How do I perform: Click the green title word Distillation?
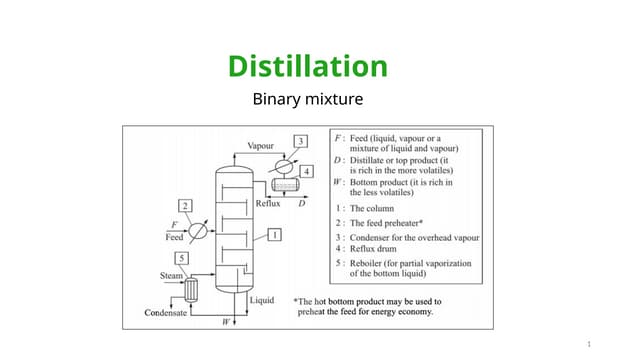(307, 67)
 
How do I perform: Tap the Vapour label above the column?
(261, 146)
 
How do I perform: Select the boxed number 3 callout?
(301, 142)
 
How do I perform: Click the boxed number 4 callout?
(306, 171)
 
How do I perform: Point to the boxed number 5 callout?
(180, 258)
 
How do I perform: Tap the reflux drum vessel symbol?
(287, 185)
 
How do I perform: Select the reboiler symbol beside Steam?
(191, 289)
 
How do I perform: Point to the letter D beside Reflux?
(302, 203)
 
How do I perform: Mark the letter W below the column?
(227, 322)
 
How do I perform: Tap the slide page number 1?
(589, 345)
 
